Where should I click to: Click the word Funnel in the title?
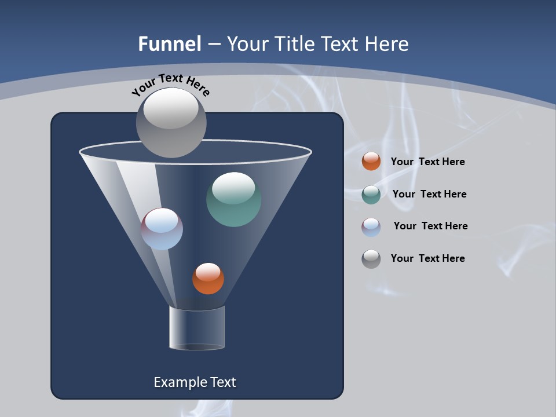[169, 43]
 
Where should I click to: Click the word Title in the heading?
[294, 43]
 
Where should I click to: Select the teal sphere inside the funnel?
[233, 199]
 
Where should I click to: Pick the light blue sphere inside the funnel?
[162, 229]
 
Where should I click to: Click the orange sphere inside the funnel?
[208, 279]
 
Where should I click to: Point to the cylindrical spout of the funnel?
[197, 328]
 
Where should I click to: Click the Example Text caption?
[195, 382]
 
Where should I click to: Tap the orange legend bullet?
[371, 162]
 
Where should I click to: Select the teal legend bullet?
[371, 195]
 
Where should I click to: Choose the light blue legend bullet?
[371, 227]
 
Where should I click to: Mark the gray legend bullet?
[371, 259]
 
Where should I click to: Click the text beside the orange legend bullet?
[427, 162]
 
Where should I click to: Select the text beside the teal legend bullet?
[429, 194]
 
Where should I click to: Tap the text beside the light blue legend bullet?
[430, 226]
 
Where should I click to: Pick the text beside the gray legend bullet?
[427, 258]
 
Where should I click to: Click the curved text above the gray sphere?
[170, 85]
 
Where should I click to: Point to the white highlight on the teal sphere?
[233, 187]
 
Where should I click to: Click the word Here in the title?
[387, 43]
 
